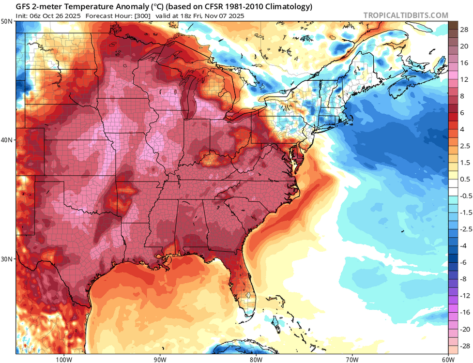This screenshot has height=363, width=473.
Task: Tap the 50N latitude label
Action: (7, 22)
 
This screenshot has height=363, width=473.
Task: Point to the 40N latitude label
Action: (7, 140)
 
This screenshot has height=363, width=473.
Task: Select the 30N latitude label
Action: (7, 259)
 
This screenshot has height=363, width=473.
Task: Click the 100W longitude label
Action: (63, 359)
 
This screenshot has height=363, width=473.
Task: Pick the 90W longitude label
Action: (160, 359)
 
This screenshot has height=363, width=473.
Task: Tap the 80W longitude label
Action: (256, 359)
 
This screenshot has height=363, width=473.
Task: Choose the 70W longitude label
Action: (352, 359)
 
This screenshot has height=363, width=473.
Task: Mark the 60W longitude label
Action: (448, 359)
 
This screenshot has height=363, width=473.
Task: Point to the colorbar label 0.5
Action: (464, 179)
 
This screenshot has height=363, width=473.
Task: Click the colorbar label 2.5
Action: (464, 146)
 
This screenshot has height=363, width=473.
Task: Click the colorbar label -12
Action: (463, 295)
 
